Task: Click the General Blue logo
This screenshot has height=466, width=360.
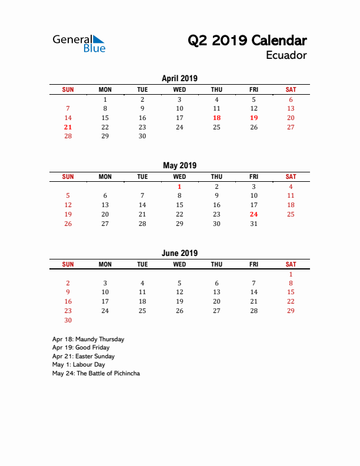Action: click(79, 43)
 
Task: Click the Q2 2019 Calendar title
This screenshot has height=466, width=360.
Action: click(247, 41)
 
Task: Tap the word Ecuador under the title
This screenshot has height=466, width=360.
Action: click(286, 55)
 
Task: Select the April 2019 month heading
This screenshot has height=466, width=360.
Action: click(179, 78)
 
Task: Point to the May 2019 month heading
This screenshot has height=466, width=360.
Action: click(179, 165)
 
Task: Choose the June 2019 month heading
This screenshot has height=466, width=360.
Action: click(179, 253)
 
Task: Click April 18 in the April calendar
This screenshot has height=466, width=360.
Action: click(216, 118)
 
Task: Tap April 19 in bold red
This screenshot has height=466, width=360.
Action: click(254, 118)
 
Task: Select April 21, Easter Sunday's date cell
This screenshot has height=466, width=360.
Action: click(68, 127)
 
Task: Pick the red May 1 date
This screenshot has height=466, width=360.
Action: click(179, 187)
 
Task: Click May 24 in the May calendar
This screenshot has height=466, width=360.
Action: click(254, 214)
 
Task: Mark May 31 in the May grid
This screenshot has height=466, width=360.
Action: click(254, 224)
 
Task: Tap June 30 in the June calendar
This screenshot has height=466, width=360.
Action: click(68, 320)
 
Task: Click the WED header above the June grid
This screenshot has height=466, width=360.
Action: click(179, 264)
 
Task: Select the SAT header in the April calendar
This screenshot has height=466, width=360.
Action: click(291, 89)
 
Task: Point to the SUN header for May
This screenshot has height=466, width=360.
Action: click(68, 177)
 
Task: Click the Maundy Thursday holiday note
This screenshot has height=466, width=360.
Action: click(88, 339)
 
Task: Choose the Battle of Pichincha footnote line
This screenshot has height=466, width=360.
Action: click(96, 373)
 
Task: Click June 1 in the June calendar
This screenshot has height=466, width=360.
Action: click(291, 274)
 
